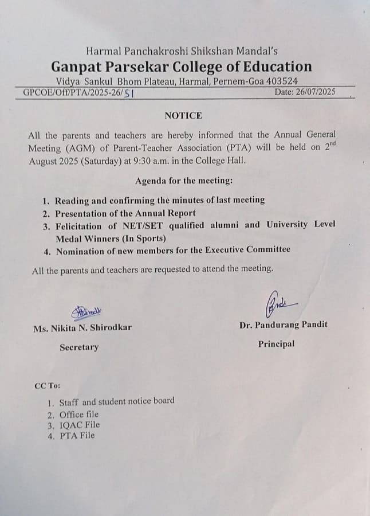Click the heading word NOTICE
click(183, 115)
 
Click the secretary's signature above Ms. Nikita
click(86, 311)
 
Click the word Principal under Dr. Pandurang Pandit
click(276, 344)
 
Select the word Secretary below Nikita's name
click(79, 347)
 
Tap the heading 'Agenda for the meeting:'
click(184, 181)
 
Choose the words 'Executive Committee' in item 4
click(251, 249)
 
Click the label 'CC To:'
click(47, 386)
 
